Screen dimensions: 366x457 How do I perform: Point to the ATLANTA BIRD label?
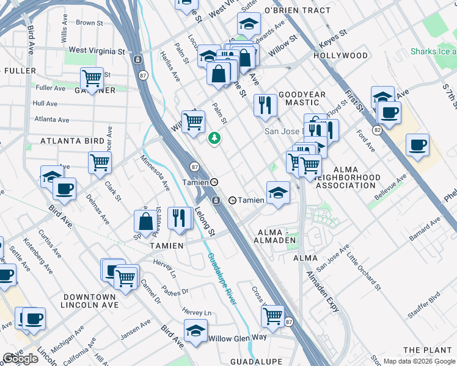point(72,141)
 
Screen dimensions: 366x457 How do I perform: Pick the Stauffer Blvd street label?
point(425,305)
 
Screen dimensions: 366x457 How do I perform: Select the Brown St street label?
point(90,23)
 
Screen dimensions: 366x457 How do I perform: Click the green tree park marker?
point(214,139)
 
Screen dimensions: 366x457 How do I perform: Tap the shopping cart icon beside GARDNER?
point(92,78)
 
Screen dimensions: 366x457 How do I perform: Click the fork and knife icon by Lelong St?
point(178,218)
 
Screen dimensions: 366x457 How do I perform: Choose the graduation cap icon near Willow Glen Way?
point(196,331)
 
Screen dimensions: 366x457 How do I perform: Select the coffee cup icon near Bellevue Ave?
point(417,145)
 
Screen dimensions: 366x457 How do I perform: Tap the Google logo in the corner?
point(20,359)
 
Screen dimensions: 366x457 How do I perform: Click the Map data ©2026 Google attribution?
point(419,361)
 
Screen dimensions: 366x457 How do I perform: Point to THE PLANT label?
point(428,350)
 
